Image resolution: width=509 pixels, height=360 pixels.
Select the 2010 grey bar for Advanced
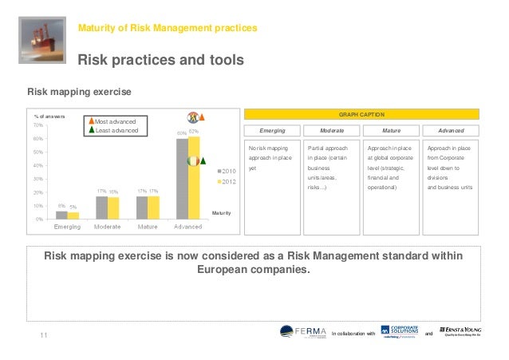183,179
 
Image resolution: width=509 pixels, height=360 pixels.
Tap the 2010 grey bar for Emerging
61,215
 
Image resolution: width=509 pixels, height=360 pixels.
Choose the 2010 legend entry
225,171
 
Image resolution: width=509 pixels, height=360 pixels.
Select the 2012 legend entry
225,183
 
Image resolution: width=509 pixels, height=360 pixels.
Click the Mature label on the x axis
148,227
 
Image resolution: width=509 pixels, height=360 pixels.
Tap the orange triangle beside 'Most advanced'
92,121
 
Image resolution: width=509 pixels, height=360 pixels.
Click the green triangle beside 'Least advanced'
92,130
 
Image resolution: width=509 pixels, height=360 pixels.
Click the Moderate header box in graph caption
332,130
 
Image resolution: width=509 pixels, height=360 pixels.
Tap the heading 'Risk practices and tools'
160,60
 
